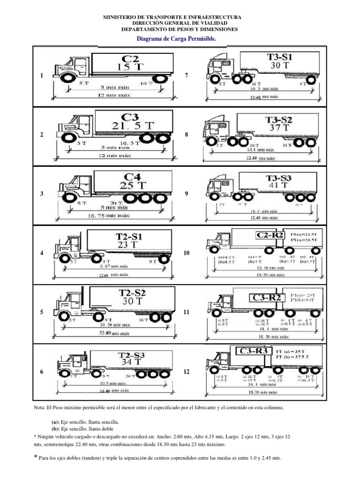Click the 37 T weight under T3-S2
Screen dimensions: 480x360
[x=279, y=127]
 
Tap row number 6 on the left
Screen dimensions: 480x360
[x=42, y=372]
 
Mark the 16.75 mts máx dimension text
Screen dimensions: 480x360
[x=109, y=216]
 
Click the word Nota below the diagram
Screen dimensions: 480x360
[x=40, y=408]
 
